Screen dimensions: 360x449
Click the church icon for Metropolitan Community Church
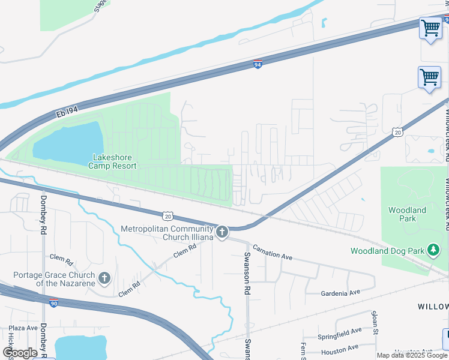click(x=222, y=232)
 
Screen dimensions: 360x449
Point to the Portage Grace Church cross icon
click(x=104, y=278)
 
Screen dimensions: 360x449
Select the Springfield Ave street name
click(x=340, y=331)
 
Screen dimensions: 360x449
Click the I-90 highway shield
click(x=54, y=303)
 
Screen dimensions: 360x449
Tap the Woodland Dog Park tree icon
click(x=431, y=250)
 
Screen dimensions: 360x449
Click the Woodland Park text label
click(x=407, y=214)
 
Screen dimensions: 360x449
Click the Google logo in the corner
click(x=20, y=353)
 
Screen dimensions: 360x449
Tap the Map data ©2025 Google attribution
click(x=412, y=355)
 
